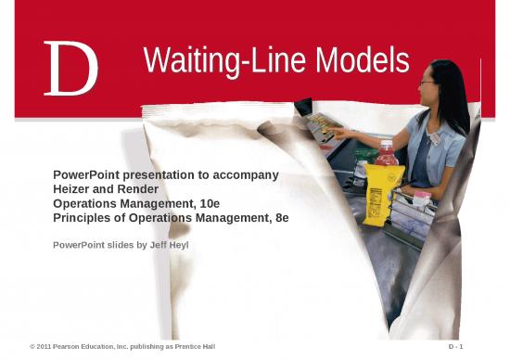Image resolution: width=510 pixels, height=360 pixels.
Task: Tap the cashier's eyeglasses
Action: click(x=427, y=84)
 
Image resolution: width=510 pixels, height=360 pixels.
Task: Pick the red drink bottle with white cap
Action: click(x=387, y=154)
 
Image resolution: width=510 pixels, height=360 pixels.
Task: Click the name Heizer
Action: click(x=72, y=188)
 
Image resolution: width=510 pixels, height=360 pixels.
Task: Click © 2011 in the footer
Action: click(x=42, y=346)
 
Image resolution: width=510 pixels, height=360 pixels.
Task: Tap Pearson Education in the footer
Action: click(x=88, y=346)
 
